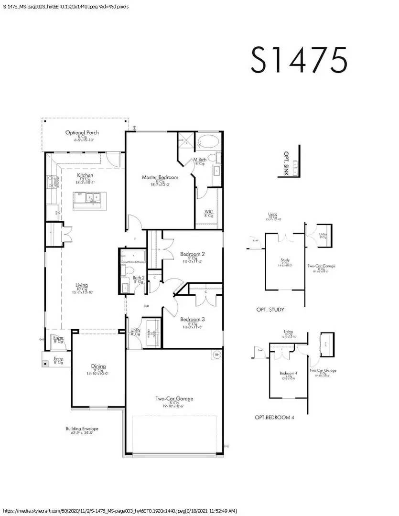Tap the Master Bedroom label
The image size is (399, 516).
point(160,178)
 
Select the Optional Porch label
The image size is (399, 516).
point(82,133)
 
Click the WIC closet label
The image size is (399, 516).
point(208,212)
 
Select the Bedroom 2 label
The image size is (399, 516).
point(192,254)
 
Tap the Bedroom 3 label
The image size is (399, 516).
point(192,320)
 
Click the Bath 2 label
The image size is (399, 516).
point(138,278)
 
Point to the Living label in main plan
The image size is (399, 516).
point(82,286)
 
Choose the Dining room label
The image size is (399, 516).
point(98,366)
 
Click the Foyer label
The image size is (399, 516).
point(58,338)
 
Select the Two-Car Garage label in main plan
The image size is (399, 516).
point(174,398)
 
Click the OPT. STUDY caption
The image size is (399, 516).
point(270,310)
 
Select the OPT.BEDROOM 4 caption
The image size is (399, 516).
point(274,417)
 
